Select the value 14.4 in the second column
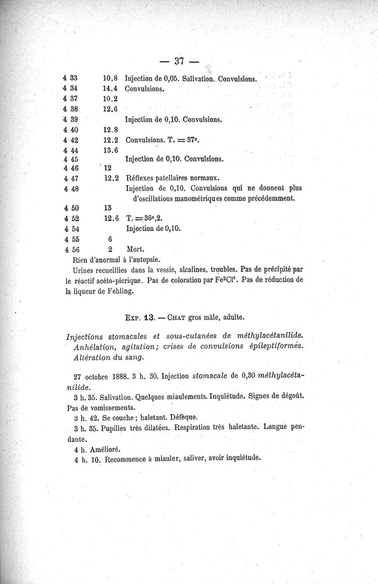[x=110, y=88]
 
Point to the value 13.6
[x=110, y=150]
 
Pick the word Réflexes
[x=142, y=178]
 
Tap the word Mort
[x=135, y=249]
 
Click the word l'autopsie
[x=143, y=259]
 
